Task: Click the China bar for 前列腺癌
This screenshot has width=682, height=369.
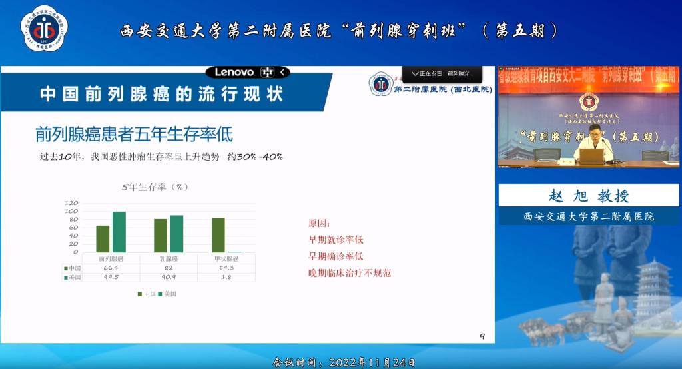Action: [x=103, y=238]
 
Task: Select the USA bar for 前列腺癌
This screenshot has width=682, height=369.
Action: [x=119, y=232]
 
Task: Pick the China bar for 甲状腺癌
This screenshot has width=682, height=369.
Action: [x=218, y=234]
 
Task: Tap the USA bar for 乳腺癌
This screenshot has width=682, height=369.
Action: [x=176, y=233]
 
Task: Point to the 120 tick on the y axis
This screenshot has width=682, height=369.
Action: [x=71, y=203]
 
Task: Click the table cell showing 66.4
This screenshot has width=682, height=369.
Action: [x=111, y=268]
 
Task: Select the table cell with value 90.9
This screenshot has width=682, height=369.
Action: [x=169, y=277]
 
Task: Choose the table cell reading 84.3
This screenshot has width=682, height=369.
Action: [x=226, y=268]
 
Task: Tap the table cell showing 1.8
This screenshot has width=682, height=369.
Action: [x=226, y=277]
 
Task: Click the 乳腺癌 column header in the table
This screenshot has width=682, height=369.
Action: [x=169, y=258]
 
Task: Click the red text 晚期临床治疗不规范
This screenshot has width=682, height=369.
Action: [x=349, y=273]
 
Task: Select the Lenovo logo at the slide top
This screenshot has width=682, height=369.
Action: [x=234, y=72]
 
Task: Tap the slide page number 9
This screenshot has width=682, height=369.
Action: [x=482, y=336]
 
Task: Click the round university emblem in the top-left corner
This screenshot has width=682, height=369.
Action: [x=44, y=29]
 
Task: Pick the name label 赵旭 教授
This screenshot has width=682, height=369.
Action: [x=589, y=196]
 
